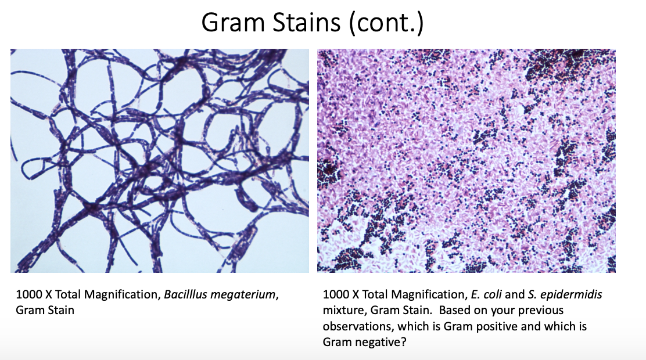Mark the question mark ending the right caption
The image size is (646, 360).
404,342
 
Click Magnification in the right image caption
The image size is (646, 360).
428,295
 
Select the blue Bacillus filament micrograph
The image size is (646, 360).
159,161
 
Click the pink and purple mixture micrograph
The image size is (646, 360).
466,161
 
